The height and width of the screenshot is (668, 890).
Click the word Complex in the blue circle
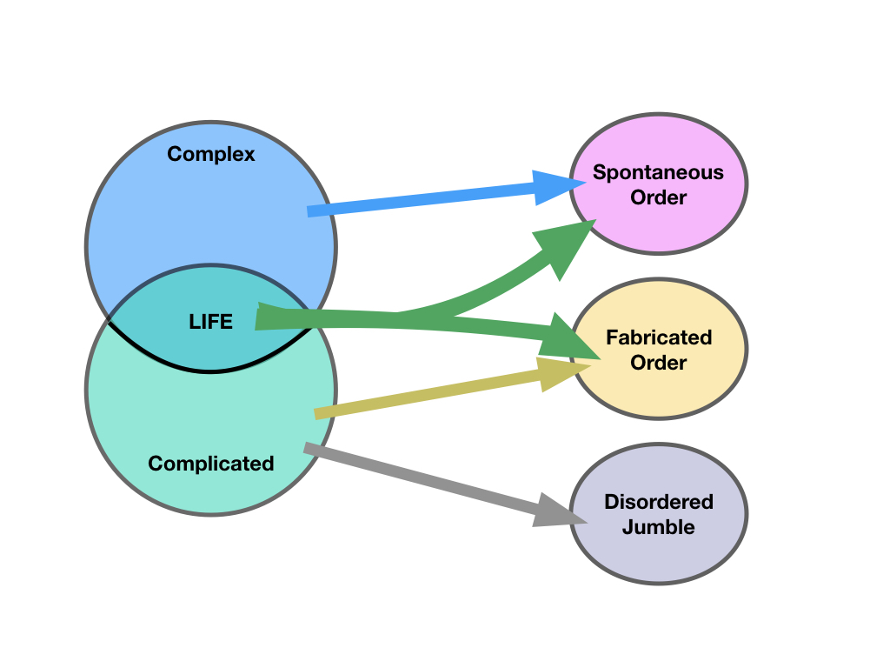pos(211,154)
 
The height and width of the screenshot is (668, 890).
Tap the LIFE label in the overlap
pos(211,321)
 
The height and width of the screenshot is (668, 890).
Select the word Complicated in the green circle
pos(211,464)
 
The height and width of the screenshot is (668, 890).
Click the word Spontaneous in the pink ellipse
pos(658,172)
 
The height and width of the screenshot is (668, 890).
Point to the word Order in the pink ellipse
pos(658,197)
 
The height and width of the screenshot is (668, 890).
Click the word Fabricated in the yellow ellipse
pos(659,337)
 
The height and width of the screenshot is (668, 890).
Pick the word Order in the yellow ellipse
pos(659,363)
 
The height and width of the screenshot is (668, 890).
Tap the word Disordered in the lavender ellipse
pos(659,502)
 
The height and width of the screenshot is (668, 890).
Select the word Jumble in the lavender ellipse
pos(659,527)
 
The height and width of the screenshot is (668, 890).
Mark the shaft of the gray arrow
pos(417,478)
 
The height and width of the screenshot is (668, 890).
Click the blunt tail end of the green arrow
pos(261,317)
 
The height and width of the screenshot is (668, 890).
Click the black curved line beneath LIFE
pos(211,371)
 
